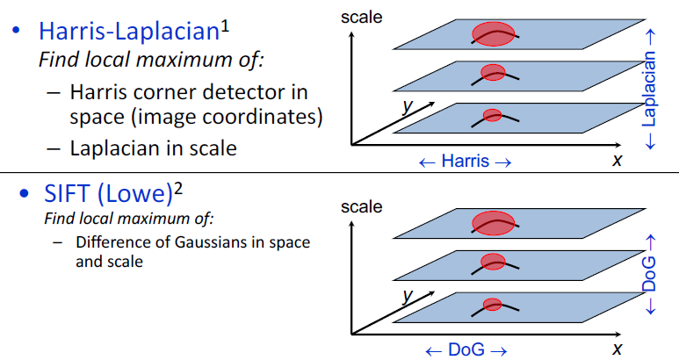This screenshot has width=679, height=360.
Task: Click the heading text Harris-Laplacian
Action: coord(126,32)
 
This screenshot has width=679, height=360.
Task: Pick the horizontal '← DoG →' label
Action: coord(466,349)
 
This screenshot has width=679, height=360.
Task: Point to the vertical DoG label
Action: coord(649,275)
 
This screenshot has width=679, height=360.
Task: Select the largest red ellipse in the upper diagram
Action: coord(494,34)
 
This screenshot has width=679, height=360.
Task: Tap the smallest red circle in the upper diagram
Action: coord(492,115)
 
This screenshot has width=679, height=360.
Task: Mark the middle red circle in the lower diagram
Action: coord(493,262)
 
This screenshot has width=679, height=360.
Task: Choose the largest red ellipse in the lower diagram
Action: coord(494,223)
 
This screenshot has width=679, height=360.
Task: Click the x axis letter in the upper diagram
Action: coord(618,160)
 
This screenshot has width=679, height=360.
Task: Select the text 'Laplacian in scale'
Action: coord(154,148)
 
